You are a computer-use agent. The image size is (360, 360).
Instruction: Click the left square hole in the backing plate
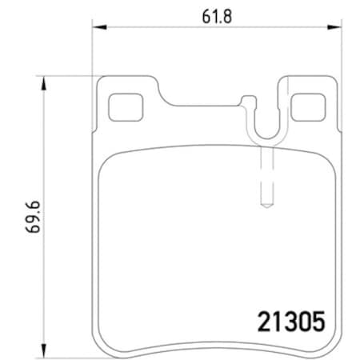122,105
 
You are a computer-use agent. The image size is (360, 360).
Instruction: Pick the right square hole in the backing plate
306,105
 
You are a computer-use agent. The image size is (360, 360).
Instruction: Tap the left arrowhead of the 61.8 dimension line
98,28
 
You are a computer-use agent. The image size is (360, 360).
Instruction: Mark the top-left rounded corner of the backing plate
100,81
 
